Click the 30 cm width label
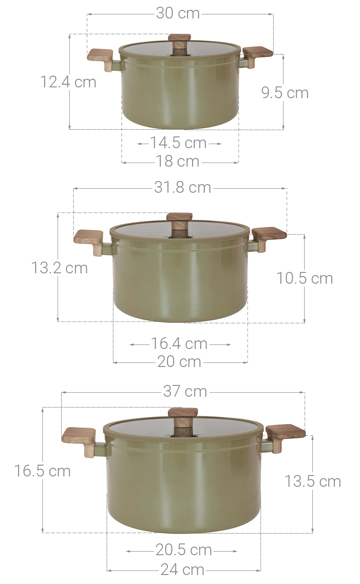[x=178, y=14]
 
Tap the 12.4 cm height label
[x=68, y=82]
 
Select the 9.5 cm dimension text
[x=285, y=93]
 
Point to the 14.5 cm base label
[x=178, y=143]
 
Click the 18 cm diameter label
[x=178, y=161]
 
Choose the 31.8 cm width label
[x=182, y=187]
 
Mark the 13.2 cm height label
[x=59, y=268]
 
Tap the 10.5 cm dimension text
[x=305, y=278]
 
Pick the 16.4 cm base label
[x=179, y=344]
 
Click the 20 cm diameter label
[x=179, y=362]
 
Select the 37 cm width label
[x=185, y=391]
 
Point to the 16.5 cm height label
[x=42, y=471]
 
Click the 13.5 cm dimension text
[x=312, y=481]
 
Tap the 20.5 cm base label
[x=184, y=550]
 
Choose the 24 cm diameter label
[x=182, y=570]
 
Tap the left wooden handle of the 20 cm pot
[x=90, y=239]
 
